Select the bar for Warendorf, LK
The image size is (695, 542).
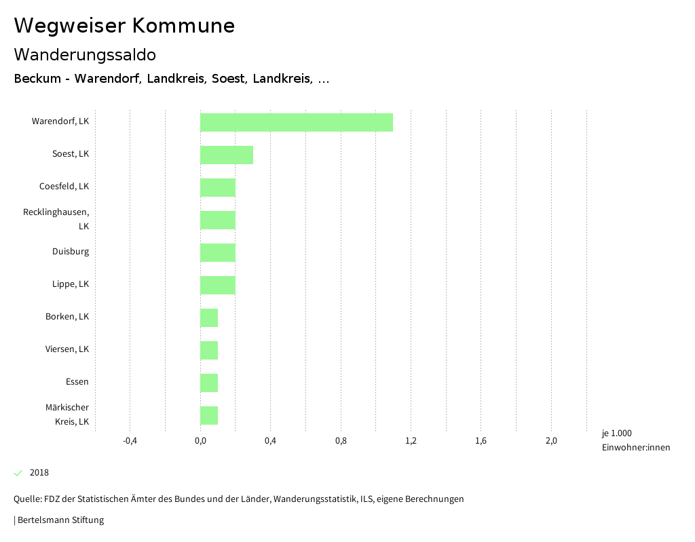(x=296, y=122)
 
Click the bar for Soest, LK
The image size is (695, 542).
(x=227, y=155)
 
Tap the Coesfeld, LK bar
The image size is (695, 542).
(x=218, y=187)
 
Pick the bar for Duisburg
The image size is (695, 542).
(x=218, y=252)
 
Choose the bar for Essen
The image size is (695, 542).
(x=209, y=383)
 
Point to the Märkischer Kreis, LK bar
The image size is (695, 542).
(x=209, y=415)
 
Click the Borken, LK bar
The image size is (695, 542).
(x=209, y=317)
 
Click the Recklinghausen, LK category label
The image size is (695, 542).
(x=56, y=219)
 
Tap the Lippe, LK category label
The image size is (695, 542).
(x=71, y=284)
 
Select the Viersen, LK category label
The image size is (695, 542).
(x=67, y=349)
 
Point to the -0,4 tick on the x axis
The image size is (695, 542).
(x=130, y=441)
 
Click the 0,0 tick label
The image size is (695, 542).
(x=200, y=441)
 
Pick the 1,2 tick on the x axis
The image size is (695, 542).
(x=411, y=441)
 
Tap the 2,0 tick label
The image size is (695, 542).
(x=551, y=441)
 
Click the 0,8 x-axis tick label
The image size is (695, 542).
(x=341, y=441)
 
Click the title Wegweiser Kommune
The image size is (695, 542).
(x=124, y=26)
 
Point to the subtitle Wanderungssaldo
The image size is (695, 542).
(x=85, y=54)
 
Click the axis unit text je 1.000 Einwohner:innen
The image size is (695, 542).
(x=635, y=440)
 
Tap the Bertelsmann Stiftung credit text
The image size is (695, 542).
(x=60, y=520)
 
